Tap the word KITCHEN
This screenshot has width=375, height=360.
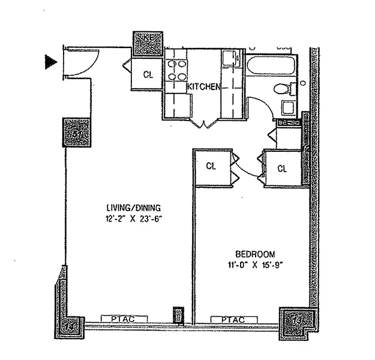203,87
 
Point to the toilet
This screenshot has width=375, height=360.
283,90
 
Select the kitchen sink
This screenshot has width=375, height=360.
229,61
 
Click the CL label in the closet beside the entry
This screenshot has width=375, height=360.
149,74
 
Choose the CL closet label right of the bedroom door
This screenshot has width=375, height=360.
282,168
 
